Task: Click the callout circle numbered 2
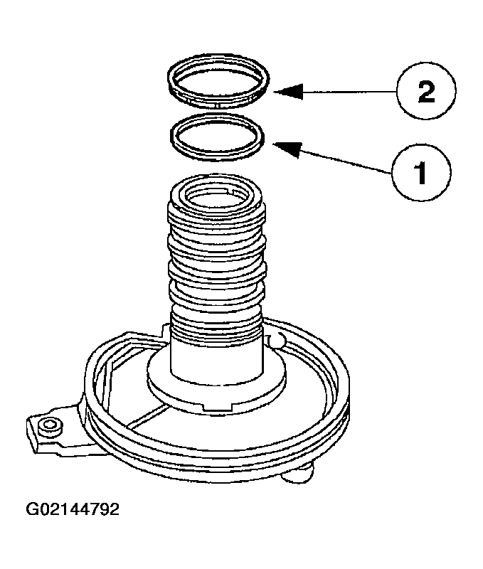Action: coord(425,93)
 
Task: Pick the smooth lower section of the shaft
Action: coord(217,356)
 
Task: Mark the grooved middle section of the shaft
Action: coord(217,263)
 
